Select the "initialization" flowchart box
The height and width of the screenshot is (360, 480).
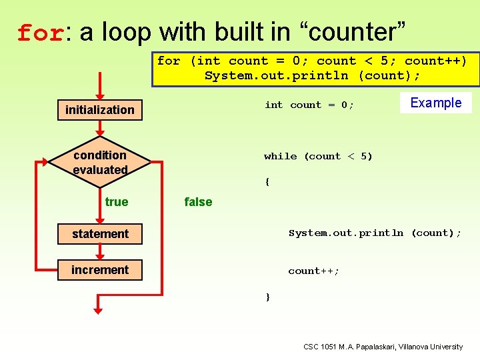[x=100, y=109]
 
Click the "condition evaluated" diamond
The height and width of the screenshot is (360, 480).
[x=100, y=162]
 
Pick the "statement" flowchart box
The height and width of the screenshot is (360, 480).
[x=100, y=233]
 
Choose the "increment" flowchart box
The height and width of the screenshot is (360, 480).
[x=100, y=269]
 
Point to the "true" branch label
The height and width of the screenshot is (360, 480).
[x=117, y=201]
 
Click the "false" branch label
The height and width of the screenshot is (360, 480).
[x=198, y=201]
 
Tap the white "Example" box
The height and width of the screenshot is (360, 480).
[x=435, y=103]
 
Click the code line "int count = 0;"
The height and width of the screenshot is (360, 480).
[x=309, y=105]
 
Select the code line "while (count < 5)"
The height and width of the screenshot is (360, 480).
[x=318, y=156]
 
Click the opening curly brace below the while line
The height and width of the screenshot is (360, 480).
[x=267, y=181]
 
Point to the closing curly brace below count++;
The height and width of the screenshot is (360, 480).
[x=267, y=297]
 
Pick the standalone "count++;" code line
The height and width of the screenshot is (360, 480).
[x=313, y=271]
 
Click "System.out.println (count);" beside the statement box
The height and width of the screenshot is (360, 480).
[x=375, y=233]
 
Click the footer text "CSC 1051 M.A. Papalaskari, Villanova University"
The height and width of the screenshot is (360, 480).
[x=383, y=347]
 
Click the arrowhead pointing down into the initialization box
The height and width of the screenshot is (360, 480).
[x=99, y=94]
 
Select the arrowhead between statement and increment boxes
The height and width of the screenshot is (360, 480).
[x=100, y=253]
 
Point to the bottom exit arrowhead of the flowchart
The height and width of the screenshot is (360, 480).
[x=98, y=308]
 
